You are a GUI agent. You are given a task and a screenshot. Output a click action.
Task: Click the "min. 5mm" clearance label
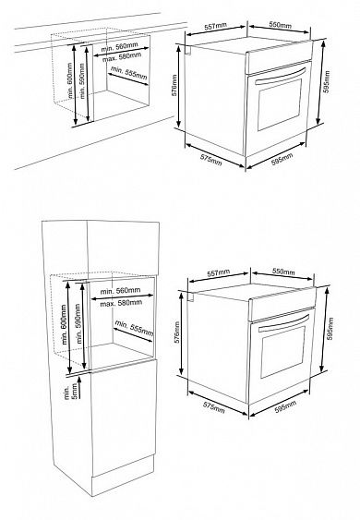coord(71,392)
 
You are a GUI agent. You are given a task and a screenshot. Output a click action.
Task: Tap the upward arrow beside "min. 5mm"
coord(80,387)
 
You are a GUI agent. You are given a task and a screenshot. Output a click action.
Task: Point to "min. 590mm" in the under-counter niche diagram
coord(82,81)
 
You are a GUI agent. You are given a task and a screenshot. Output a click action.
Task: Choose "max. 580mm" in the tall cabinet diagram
coord(121,303)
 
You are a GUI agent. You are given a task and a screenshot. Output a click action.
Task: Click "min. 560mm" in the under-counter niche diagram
coord(120,46)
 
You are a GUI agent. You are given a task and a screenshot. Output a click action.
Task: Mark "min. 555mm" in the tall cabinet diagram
coord(134,328)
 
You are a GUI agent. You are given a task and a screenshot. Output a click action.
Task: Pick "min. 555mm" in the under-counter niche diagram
coord(129,73)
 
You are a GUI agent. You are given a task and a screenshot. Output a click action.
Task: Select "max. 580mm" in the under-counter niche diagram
coord(122,57)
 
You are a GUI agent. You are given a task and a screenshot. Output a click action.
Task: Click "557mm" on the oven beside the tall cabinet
coord(218,272)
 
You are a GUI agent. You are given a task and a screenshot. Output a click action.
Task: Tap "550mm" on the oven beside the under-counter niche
coord(280,25)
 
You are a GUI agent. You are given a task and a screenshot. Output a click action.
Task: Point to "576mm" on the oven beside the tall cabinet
coord(176,332)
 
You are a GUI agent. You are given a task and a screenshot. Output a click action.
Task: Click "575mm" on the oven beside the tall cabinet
coord(214,408)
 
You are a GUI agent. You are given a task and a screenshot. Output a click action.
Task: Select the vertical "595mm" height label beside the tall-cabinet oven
coord(330,329)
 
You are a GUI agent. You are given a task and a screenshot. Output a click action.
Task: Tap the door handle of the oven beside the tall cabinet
coord(283,322)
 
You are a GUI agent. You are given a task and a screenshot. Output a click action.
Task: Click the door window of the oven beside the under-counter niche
coord(280,104)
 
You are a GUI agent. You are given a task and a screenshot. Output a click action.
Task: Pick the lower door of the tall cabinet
coord(123,417)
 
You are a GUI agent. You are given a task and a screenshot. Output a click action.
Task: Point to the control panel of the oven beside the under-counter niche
coord(279,57)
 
